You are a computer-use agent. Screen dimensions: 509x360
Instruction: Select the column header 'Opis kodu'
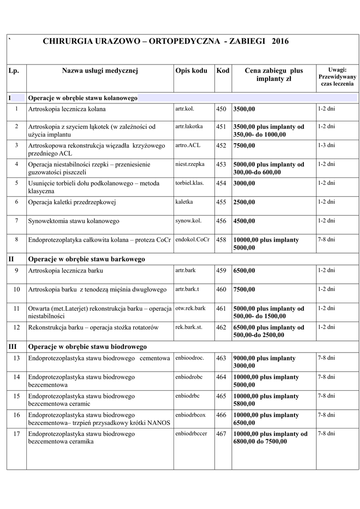point(191,71)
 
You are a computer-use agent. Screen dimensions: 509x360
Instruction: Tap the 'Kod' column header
point(223,71)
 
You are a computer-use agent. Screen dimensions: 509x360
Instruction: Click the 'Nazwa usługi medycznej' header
point(99,71)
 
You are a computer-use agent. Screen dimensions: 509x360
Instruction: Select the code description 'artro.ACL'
point(187,145)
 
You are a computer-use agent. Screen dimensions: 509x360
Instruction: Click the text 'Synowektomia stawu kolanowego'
point(74,221)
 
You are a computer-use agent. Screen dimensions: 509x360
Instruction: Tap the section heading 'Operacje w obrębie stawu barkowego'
point(87,259)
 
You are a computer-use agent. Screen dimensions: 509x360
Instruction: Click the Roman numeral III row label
point(13,346)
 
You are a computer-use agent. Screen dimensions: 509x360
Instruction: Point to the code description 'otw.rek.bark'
point(190,308)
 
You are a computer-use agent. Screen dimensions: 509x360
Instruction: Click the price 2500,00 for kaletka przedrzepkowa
point(244,202)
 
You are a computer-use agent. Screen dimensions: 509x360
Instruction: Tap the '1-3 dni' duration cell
point(326,145)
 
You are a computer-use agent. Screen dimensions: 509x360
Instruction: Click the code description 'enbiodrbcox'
point(190,415)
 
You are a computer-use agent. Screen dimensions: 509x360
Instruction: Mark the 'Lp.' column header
point(14,71)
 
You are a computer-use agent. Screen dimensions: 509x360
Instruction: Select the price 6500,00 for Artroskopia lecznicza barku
point(244,270)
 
